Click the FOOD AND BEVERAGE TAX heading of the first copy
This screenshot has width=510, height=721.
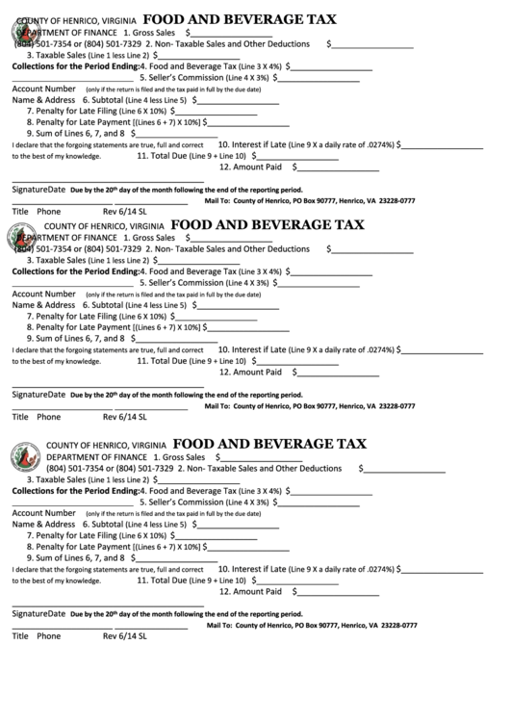(240, 18)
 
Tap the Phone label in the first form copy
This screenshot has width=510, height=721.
(49, 211)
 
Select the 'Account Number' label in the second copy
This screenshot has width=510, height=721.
(42, 294)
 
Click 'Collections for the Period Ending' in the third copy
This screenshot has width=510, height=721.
(74, 491)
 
